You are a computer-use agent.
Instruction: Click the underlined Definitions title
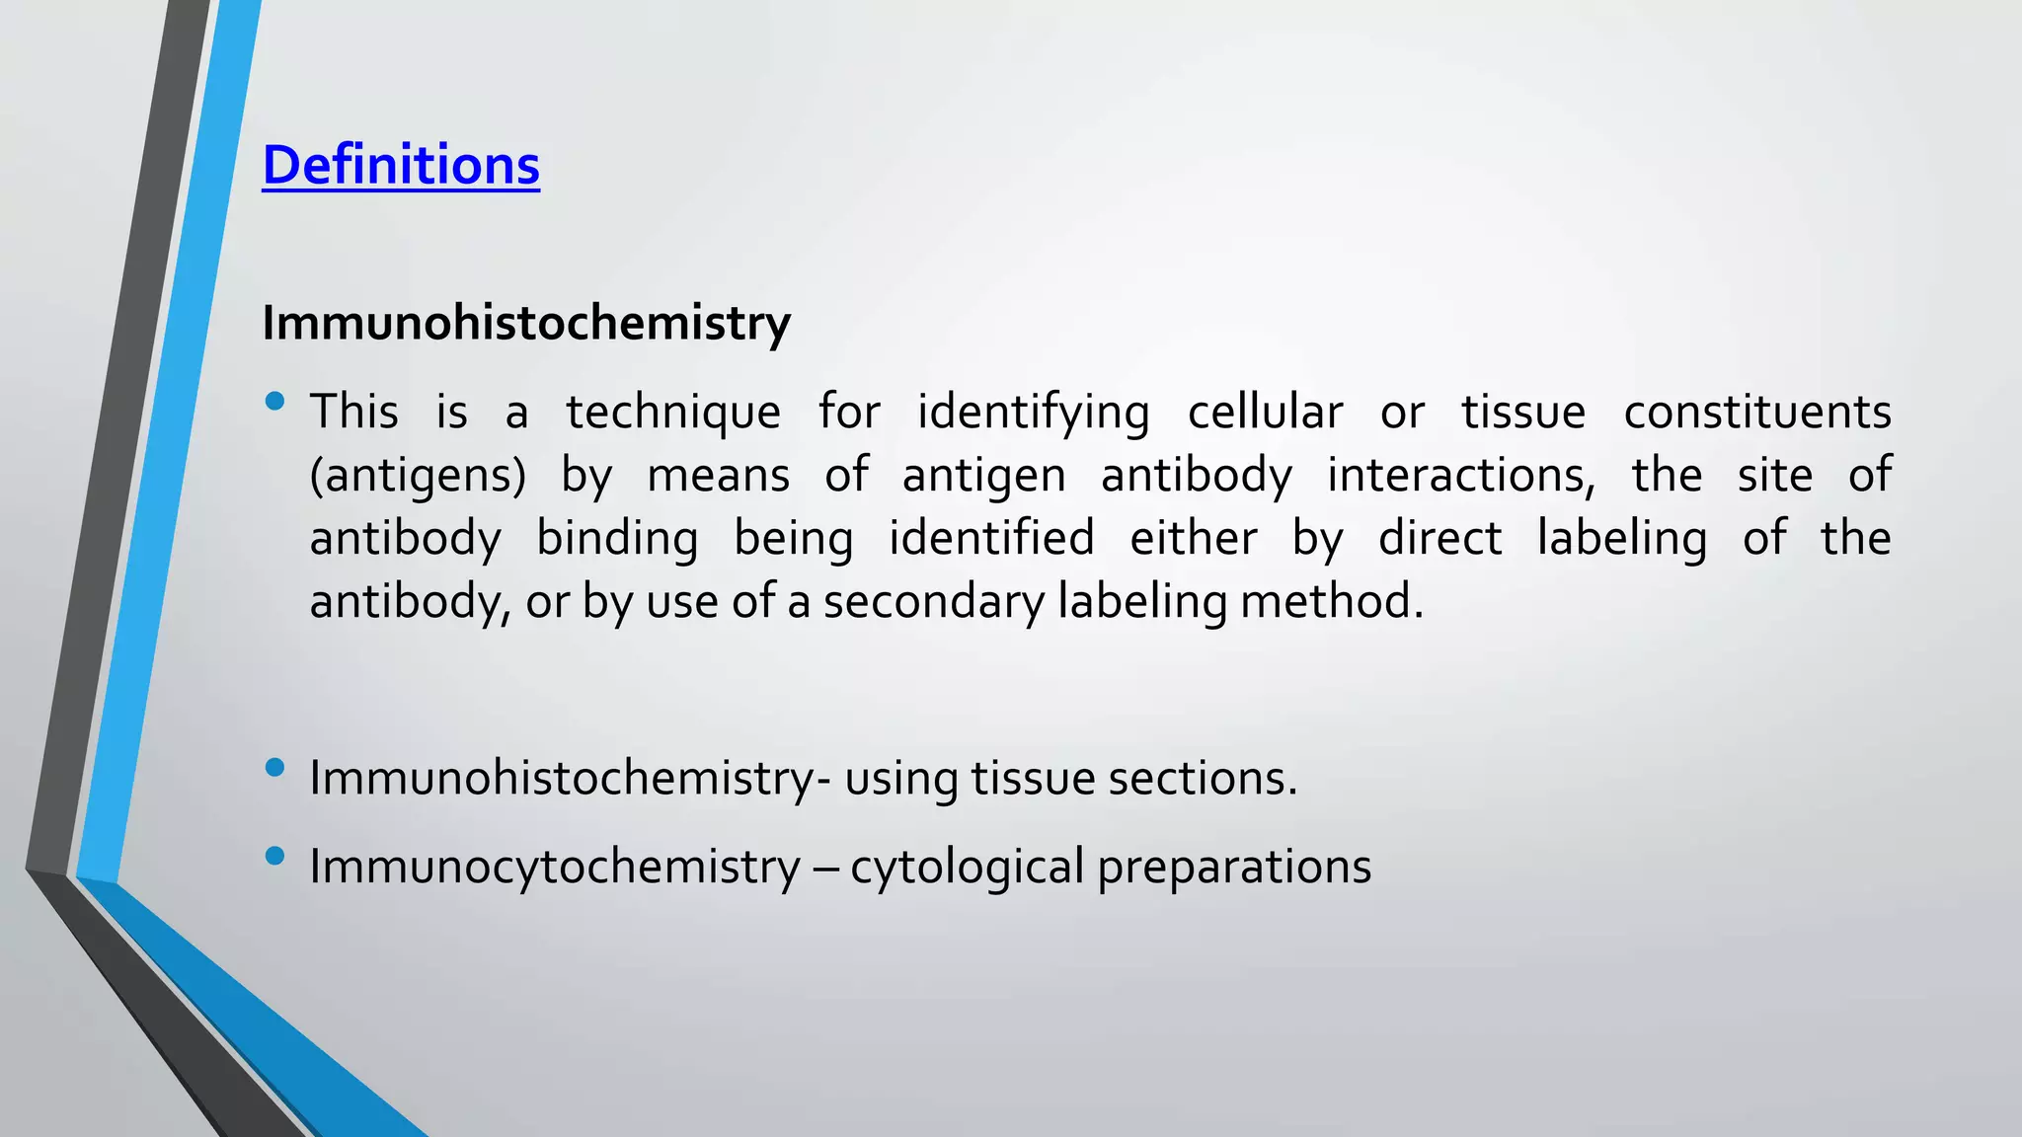[401, 165]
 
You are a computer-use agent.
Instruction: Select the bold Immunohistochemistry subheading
[526, 323]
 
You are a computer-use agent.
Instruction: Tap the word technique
[672, 413]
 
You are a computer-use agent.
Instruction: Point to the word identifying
[1033, 413]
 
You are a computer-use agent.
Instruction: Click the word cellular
[1265, 413]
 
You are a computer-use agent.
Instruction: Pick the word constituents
[1757, 413]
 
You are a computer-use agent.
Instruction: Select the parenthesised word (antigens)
[418, 476]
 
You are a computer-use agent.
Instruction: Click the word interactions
[1460, 476]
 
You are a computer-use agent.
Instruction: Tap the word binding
[617, 539]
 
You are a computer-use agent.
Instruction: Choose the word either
[1193, 539]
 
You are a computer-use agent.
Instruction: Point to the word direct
[1439, 539]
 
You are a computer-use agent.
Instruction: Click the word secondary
[933, 602]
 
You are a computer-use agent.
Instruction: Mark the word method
[1332, 602]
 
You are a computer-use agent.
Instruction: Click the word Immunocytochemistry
[555, 867]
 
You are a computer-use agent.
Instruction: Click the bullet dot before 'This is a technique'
[275, 402]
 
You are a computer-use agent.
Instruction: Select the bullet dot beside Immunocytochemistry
[275, 856]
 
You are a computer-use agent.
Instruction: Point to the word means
[718, 476]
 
